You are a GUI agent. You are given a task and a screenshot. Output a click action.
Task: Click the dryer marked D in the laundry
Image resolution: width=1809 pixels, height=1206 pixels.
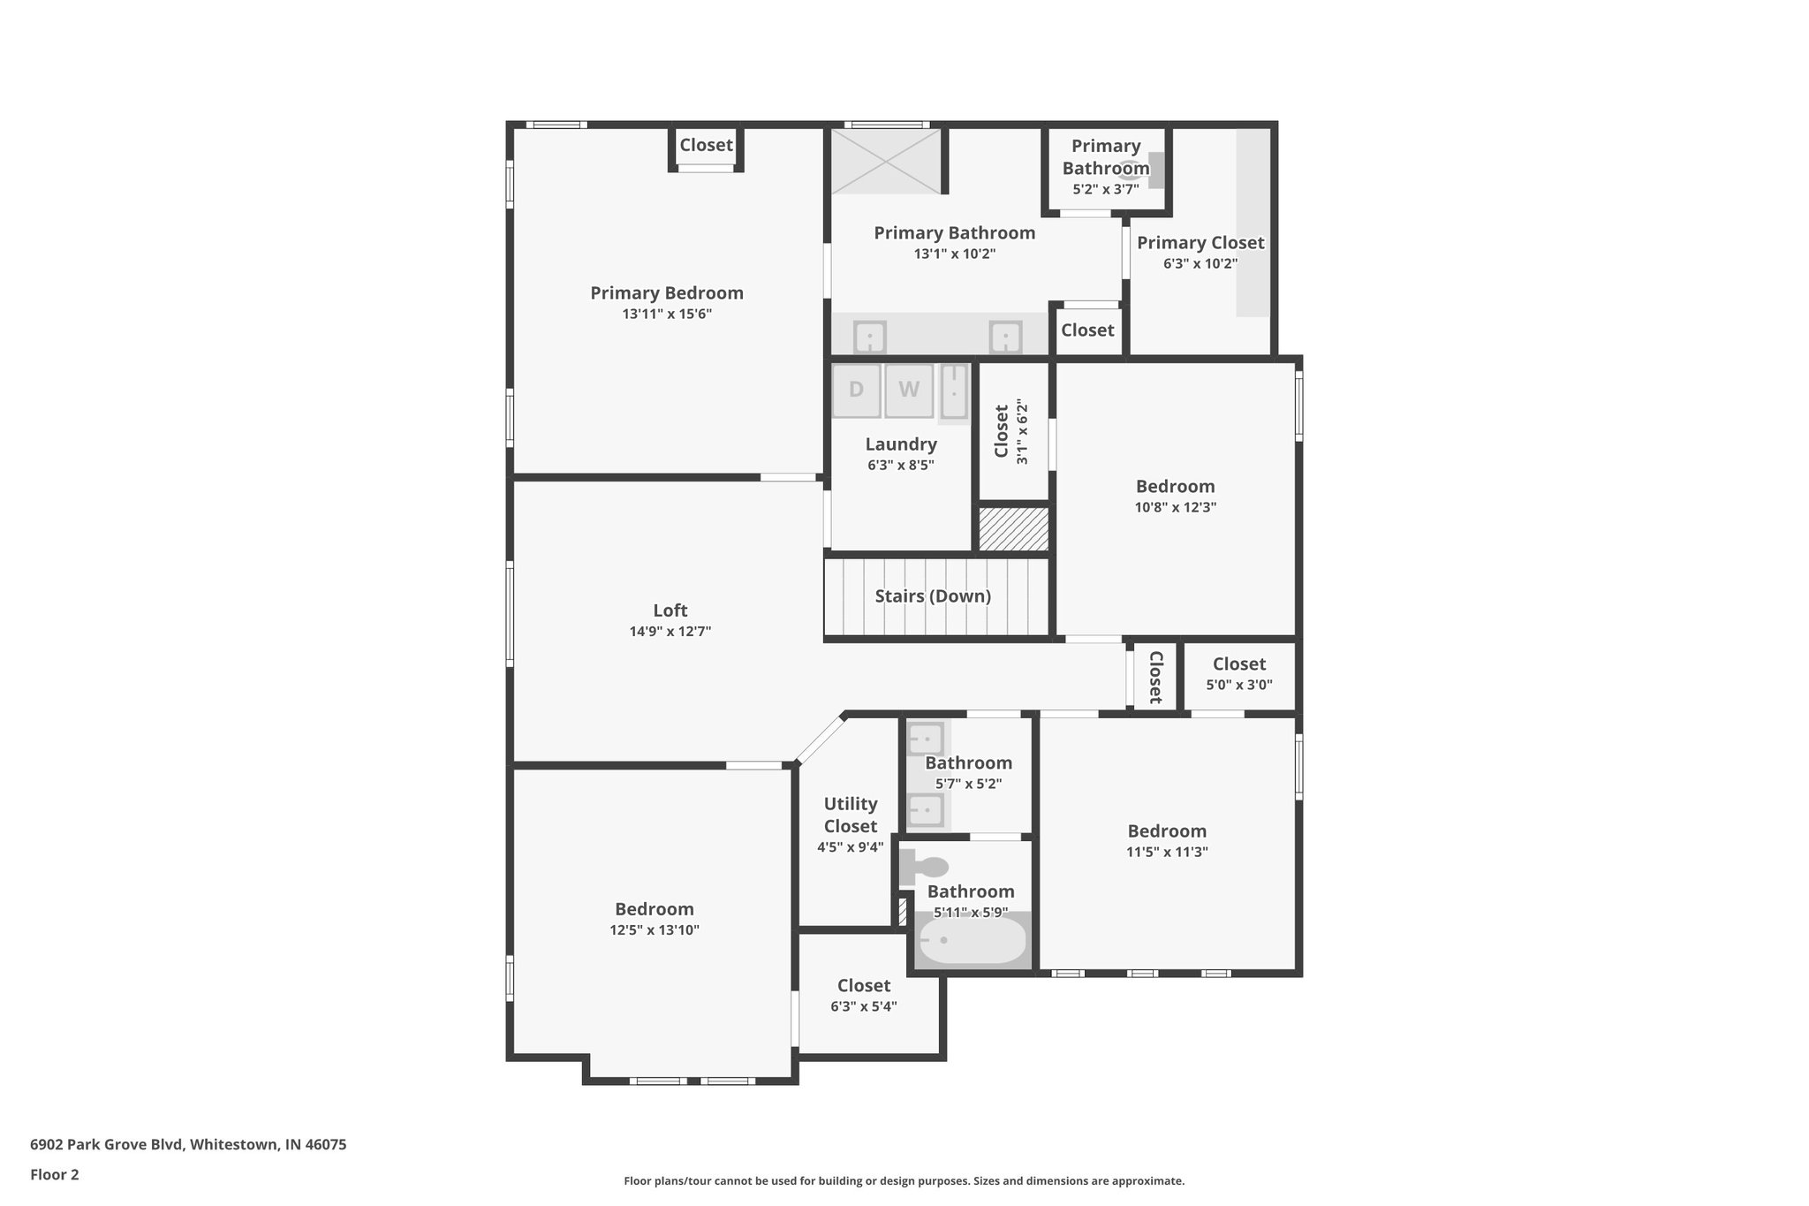pyautogui.click(x=856, y=390)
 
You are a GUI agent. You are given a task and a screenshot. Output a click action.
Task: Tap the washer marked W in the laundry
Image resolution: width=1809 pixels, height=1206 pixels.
pyautogui.click(x=909, y=390)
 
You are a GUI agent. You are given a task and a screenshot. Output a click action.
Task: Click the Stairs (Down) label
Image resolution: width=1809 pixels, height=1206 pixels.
pyautogui.click(x=933, y=596)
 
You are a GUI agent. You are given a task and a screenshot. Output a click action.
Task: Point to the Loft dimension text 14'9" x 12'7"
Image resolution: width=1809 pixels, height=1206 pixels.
pyautogui.click(x=670, y=632)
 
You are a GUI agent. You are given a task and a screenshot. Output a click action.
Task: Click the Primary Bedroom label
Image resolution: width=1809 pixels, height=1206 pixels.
pyautogui.click(x=667, y=293)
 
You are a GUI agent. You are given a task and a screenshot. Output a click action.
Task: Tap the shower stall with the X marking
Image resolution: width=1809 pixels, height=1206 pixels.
pyautogui.click(x=886, y=161)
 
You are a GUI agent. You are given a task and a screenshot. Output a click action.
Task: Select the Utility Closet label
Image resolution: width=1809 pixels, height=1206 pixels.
pyautogui.click(x=850, y=815)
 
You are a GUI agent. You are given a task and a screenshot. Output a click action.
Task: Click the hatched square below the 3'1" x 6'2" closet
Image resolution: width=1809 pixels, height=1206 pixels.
pyautogui.click(x=1013, y=529)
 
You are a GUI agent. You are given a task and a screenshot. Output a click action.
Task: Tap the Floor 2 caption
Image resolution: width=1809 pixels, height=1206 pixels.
pyautogui.click(x=55, y=1174)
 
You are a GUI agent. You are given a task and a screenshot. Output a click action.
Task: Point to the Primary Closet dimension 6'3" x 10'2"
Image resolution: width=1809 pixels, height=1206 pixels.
pyautogui.click(x=1200, y=264)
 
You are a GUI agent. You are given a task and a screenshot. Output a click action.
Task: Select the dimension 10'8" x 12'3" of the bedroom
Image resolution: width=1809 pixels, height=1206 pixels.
pyautogui.click(x=1175, y=508)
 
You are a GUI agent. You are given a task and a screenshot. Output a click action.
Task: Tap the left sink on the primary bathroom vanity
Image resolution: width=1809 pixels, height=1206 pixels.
pyautogui.click(x=870, y=337)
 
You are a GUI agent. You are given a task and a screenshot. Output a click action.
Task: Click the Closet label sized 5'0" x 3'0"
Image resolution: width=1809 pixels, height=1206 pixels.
pyautogui.click(x=1238, y=664)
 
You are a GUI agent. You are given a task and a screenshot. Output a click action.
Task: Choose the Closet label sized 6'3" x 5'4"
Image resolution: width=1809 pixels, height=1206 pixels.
pyautogui.click(x=863, y=986)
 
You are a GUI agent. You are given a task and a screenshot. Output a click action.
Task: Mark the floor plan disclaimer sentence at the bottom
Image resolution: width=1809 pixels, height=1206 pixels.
pyautogui.click(x=904, y=1180)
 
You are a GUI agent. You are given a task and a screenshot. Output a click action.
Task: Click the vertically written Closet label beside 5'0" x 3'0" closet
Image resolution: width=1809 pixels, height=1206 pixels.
pyautogui.click(x=1154, y=677)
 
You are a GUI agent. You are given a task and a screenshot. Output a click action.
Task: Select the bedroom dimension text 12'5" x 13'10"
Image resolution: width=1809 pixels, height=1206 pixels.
pyautogui.click(x=654, y=930)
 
